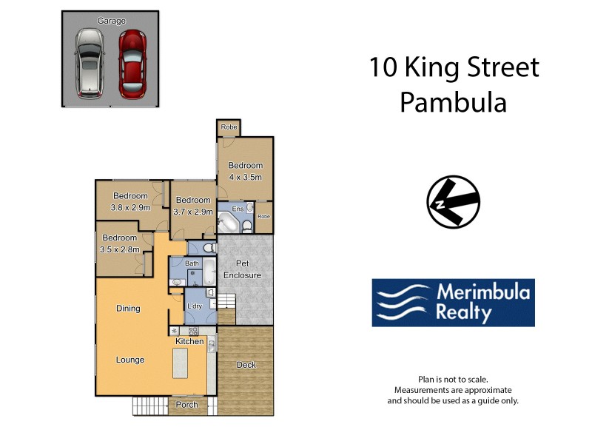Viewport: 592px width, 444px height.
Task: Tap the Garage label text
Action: point(110,21)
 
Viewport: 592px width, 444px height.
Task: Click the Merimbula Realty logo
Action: point(453,303)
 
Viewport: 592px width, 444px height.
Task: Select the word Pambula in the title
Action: point(453,102)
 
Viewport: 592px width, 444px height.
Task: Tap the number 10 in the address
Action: point(384,68)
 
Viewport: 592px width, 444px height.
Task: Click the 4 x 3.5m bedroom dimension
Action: point(245,177)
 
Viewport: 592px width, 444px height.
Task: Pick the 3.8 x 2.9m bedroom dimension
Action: point(130,207)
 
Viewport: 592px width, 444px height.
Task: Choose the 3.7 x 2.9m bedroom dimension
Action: point(192,212)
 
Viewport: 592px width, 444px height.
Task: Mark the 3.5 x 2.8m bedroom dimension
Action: point(119,249)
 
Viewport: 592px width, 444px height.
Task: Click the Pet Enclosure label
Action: point(248,269)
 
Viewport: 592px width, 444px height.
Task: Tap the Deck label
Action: point(246,365)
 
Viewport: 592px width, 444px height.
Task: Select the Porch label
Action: point(187,405)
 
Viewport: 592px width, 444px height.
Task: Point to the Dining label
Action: point(128,309)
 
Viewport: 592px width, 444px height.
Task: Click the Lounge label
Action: point(130,360)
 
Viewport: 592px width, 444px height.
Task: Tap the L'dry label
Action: point(195,306)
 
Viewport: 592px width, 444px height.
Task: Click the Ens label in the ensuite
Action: point(238,209)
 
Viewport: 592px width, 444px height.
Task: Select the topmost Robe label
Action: point(229,127)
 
